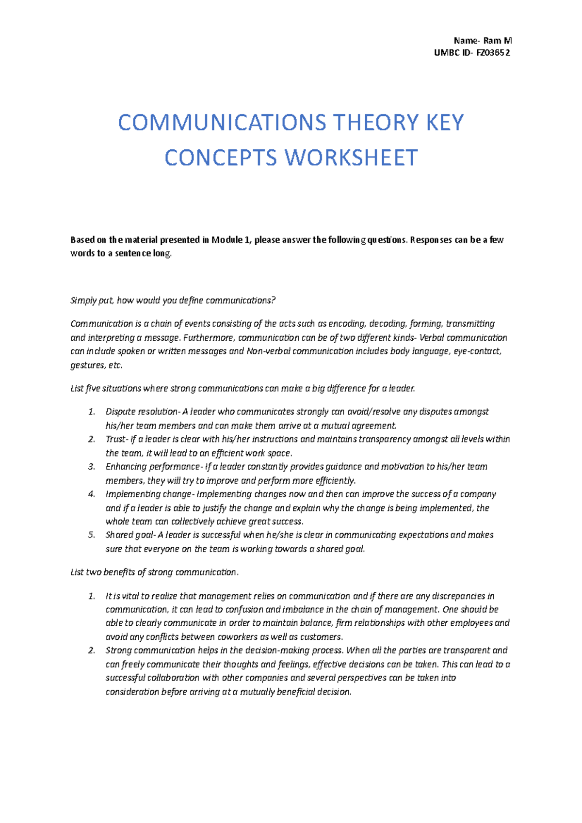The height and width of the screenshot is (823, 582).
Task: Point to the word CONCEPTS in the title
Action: (220, 158)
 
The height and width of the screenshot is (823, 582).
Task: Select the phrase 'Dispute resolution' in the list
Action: (142, 412)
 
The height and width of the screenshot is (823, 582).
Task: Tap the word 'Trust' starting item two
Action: (115, 440)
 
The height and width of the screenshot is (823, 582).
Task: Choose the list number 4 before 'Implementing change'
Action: (91, 494)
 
